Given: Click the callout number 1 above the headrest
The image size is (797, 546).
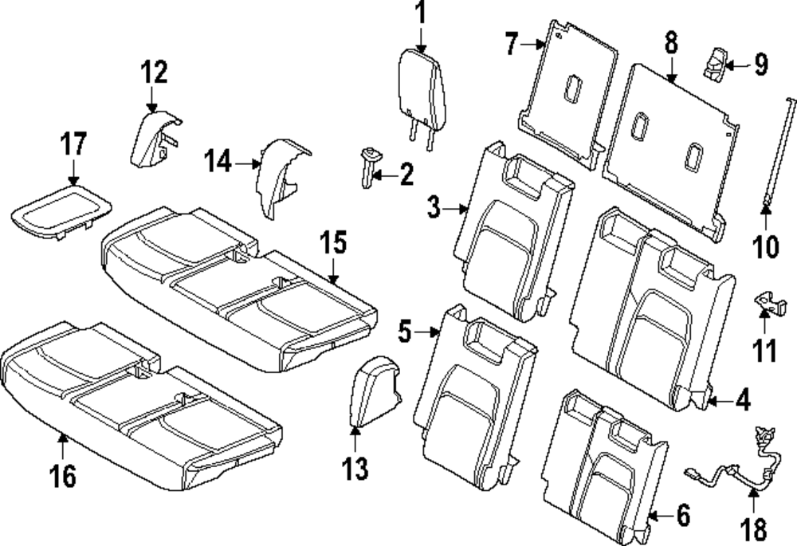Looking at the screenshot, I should (420, 14).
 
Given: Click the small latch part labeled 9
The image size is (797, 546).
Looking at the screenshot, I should (717, 62).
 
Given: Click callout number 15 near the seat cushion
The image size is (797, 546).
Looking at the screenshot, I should (335, 242).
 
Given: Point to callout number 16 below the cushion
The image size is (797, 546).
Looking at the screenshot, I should (62, 476).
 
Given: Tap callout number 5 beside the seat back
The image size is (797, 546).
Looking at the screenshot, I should (405, 331).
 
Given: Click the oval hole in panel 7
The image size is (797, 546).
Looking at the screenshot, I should (573, 90).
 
